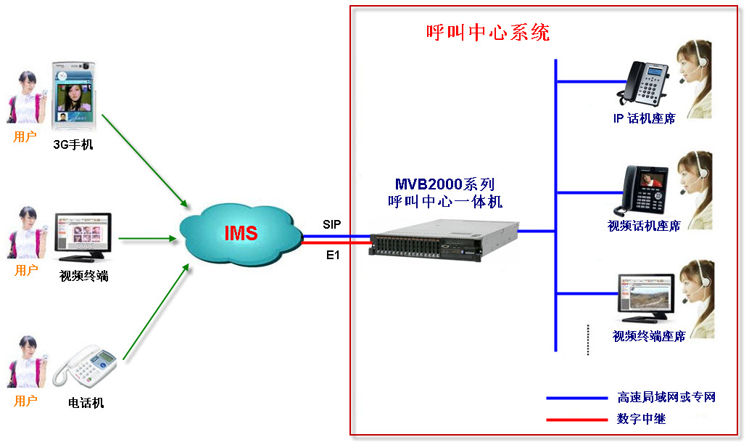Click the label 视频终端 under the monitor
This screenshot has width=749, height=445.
tap(84, 275)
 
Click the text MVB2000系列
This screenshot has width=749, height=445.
tap(444, 184)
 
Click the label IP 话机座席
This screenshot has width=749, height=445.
tap(644, 118)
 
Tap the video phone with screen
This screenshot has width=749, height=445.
tap(646, 189)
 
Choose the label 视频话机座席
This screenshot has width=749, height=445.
tap(644, 226)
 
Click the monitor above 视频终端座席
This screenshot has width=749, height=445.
tap(645, 298)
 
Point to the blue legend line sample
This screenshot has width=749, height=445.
tap(576, 398)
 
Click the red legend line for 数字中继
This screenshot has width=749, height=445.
tap(576, 419)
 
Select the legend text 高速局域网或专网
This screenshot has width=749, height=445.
tap(666, 397)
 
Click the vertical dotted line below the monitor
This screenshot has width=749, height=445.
tap(588, 339)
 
